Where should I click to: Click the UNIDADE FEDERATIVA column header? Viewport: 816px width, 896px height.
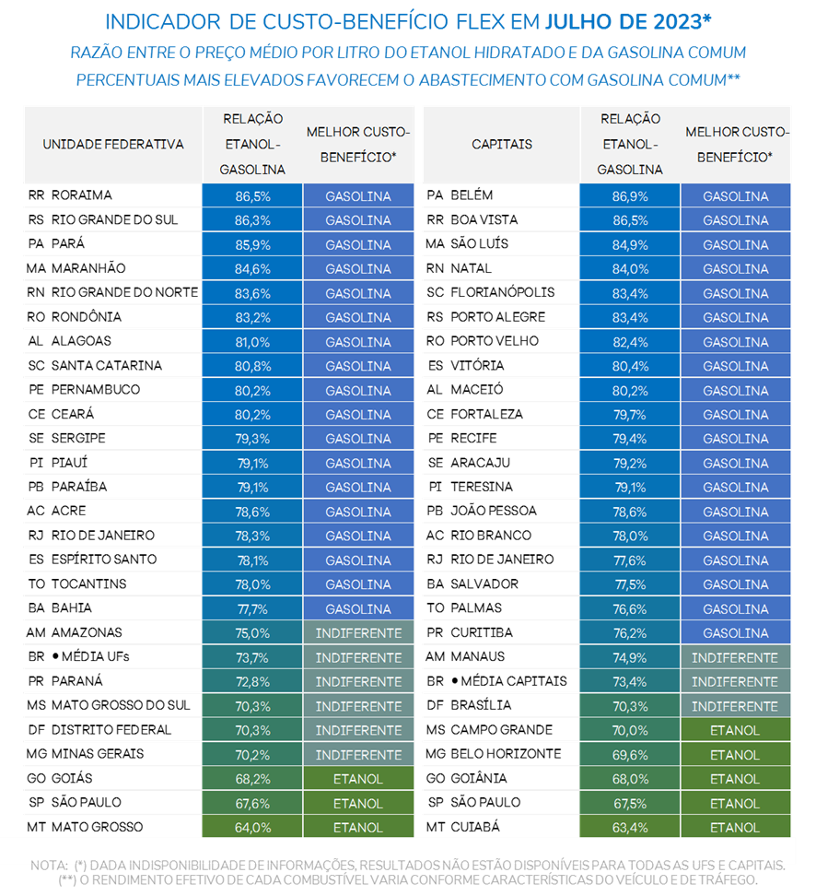[113, 145]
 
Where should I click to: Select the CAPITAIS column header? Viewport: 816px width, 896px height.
[502, 145]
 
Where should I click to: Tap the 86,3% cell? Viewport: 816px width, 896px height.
[252, 220]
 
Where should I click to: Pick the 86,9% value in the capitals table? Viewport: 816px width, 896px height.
[630, 196]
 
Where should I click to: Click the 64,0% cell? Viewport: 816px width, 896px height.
[252, 828]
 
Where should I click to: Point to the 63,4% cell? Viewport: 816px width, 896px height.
[630, 828]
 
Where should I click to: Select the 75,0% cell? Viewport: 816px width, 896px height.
[252, 633]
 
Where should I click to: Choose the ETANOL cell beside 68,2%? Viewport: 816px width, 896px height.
[358, 779]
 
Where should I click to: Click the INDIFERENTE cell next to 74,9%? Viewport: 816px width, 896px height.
[735, 658]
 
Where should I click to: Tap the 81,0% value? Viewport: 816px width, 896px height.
[252, 342]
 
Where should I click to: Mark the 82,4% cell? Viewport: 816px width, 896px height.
[630, 342]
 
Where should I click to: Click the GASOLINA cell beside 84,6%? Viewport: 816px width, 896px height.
[358, 269]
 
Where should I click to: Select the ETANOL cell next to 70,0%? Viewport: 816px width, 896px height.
[735, 731]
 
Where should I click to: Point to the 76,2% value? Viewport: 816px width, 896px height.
[630, 633]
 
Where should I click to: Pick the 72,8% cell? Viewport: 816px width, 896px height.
[252, 682]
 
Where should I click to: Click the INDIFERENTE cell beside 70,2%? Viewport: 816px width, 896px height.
[358, 755]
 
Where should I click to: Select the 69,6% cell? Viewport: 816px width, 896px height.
[630, 755]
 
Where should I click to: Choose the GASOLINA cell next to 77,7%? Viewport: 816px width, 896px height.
[358, 609]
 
